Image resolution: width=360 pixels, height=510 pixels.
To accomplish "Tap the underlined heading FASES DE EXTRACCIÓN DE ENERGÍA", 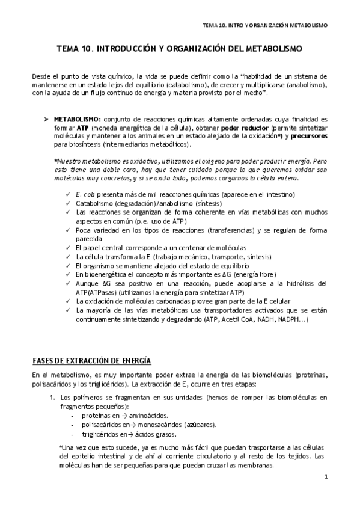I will pos(91,360).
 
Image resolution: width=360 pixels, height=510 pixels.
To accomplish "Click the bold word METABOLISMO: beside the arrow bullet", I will pos(77,120).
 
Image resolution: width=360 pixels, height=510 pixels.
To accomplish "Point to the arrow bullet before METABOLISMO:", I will pos(46,120).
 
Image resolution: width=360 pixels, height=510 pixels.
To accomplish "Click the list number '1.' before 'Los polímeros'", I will pos(52,398).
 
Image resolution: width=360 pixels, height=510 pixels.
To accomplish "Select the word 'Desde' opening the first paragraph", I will pos(41,76).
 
